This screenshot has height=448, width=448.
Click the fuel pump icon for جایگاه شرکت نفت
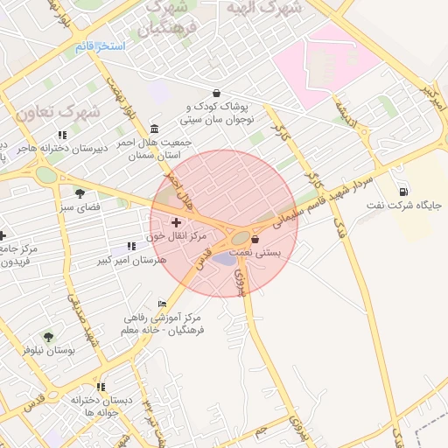click(403, 192)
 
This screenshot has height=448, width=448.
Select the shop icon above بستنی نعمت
click(255, 238)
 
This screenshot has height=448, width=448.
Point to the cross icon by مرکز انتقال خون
click(177, 223)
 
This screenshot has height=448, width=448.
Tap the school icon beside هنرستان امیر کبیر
click(131, 247)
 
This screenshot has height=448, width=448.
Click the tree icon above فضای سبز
click(80, 193)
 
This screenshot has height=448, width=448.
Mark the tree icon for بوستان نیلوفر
click(48, 337)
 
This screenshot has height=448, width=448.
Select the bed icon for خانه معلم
click(162, 303)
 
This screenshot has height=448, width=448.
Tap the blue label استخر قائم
click(100, 45)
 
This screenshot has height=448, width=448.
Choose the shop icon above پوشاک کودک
click(215, 94)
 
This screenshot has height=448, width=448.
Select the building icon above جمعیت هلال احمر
click(155, 129)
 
